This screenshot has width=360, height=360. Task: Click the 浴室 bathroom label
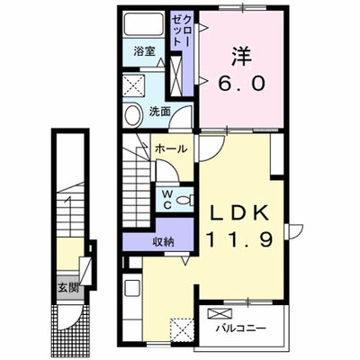pos(144,51)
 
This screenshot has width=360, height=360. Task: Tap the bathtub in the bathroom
pos(144,24)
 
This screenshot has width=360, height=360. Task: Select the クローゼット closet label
pos(181,30)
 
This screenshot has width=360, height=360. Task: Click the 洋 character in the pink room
pos(241,58)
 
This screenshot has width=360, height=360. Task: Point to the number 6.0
pos(241,83)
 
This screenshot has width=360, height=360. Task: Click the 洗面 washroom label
pos(160,112)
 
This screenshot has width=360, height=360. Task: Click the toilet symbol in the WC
pos(185,200)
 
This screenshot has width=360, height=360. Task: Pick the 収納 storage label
pos(163,241)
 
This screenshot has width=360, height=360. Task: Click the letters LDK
pos(239,213)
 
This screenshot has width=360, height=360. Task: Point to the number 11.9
pos(239,240)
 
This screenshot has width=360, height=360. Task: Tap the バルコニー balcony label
pos(241,328)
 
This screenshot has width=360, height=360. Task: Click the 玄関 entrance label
pos(68,288)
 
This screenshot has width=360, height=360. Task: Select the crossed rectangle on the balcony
pos(220,314)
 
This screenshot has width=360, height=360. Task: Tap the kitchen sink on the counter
pos(132,288)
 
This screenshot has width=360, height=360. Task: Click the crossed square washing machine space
pos(134,85)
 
